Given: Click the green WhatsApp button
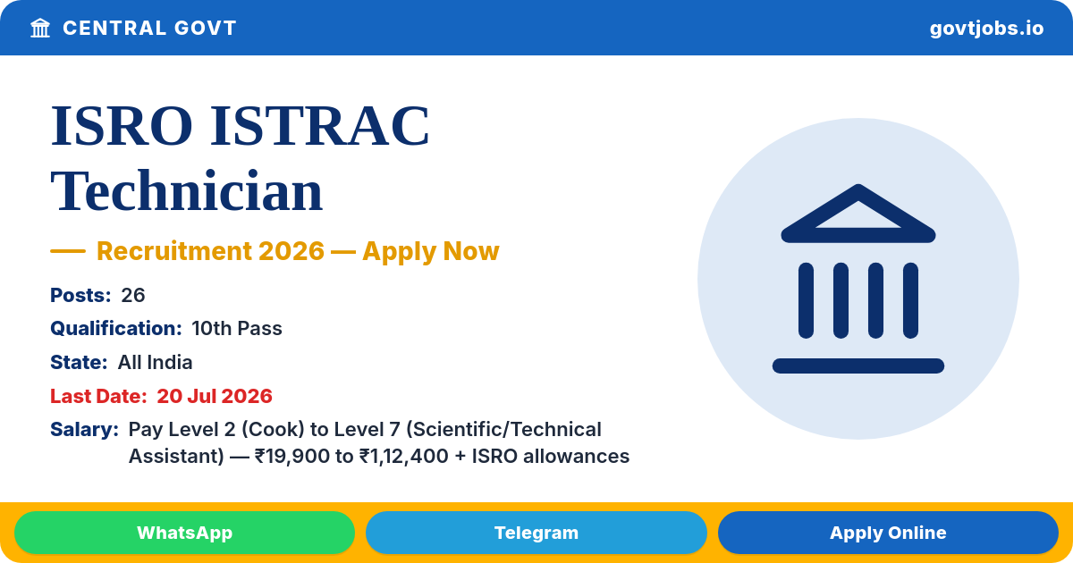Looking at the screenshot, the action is coord(184,533).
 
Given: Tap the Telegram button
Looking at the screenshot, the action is coord(536,533).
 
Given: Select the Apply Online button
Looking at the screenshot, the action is coord(888,533).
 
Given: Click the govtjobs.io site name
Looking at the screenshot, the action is coord(986,29).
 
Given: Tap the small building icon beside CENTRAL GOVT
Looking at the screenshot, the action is coord(40,29).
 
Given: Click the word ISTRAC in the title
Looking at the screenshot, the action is coord(319,126).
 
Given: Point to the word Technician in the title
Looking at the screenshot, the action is coord(187,191).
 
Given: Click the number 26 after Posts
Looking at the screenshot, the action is coord(132,296).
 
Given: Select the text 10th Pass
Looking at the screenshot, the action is coord(237,329).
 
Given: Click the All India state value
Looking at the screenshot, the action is coord(155,363).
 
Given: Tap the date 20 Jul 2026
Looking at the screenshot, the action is coord(215,397).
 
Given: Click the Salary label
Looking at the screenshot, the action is coord(84,430).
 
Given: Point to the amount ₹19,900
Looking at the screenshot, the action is coord(292,457).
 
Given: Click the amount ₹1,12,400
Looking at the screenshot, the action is coord(404,457).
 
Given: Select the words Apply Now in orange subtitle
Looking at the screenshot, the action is coord(431,251).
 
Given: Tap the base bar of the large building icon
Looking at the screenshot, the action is coord(858,366).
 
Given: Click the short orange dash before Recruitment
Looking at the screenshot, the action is coord(68,251).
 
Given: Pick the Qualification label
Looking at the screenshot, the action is coord(116,329).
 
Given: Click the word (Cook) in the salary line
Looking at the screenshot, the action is coord(273,430).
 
